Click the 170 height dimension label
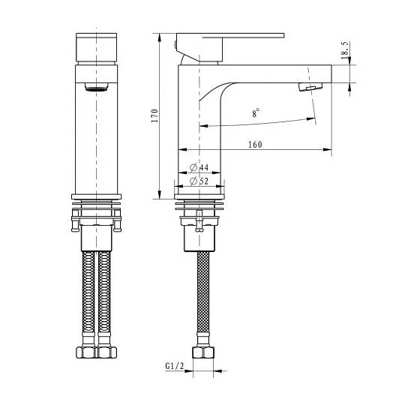[x=154, y=115]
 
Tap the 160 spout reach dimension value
[x=255, y=145]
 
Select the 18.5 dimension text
[x=344, y=50]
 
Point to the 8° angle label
[x=256, y=113]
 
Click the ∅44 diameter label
[x=199, y=167]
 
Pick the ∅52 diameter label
[x=199, y=181]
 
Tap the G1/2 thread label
[x=175, y=366]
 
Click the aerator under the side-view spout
[x=310, y=87]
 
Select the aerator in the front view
[x=96, y=87]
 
